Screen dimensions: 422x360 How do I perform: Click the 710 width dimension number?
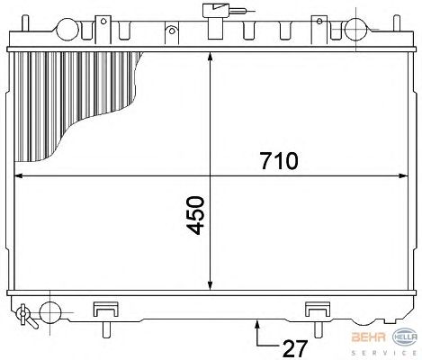(279, 161)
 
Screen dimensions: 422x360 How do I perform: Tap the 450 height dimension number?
(195, 215)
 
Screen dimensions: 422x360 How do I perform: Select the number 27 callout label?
(295, 348)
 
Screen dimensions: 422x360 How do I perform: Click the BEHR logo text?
(369, 337)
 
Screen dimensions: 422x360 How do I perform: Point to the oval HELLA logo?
(405, 337)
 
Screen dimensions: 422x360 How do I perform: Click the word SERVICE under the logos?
(384, 353)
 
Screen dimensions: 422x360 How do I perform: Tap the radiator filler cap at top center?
(215, 21)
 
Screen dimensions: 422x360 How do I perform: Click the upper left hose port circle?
(67, 30)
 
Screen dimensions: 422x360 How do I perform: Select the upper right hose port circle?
(355, 30)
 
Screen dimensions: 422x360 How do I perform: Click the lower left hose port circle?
(50, 312)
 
